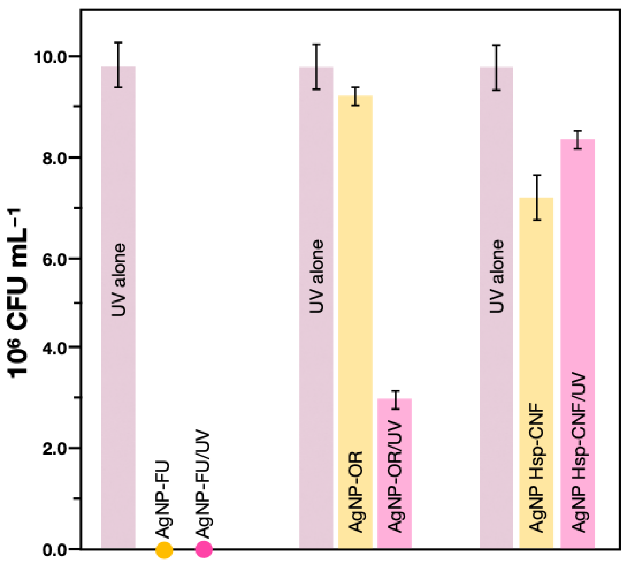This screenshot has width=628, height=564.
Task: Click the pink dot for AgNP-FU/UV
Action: pyautogui.click(x=204, y=549)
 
